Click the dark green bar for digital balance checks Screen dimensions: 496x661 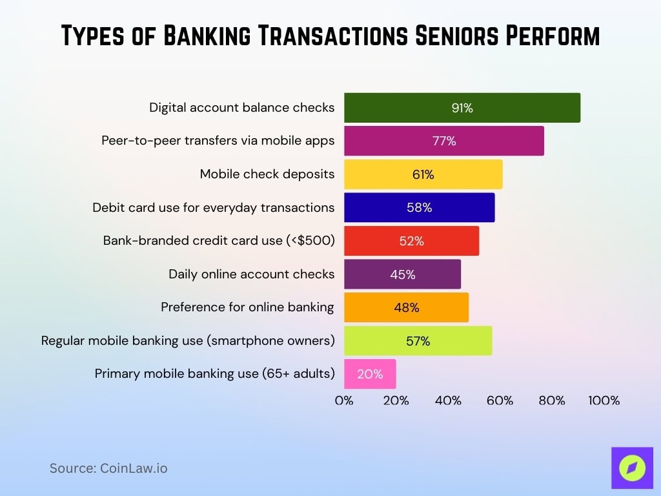coord(462,108)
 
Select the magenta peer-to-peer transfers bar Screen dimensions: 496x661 coord(443,141)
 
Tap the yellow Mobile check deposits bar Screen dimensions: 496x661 coord(423,174)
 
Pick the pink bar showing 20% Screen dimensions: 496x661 coord(370,374)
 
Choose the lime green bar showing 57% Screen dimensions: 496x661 coord(418,341)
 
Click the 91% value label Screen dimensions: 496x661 coord(462,108)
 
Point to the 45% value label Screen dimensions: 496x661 coord(403,274)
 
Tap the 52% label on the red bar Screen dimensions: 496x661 coord(411,241)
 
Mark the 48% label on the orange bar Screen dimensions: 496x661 coord(407,308)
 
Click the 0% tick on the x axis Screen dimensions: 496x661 coord(344,400)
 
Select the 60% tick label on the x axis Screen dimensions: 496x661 coord(500,400)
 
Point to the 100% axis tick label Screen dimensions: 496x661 coord(604,400)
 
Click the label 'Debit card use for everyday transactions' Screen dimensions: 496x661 coord(214,207)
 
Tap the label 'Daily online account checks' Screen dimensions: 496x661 coord(252,274)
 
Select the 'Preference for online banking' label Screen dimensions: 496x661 coord(248,307)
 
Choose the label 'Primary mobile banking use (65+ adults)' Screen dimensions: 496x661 coord(215,373)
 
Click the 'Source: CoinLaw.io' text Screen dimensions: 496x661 coord(108,468)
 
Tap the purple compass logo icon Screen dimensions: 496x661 coord(632,468)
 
